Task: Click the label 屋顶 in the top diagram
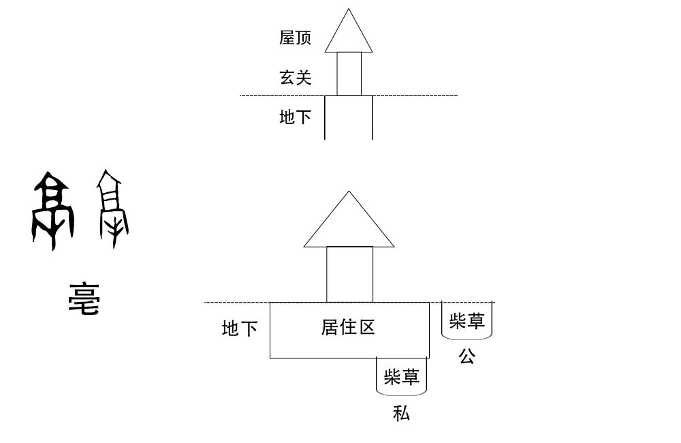click(295, 37)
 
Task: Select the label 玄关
click(295, 78)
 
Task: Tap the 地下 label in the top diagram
click(295, 117)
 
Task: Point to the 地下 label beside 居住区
click(240, 329)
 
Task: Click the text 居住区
click(348, 327)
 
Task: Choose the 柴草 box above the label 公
click(466, 320)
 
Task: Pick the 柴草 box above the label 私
click(401, 376)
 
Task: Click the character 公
click(466, 356)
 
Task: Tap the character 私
click(401, 413)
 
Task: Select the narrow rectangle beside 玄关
click(349, 74)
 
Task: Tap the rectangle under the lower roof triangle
click(349, 274)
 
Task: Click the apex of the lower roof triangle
click(349, 192)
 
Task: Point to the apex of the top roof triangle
click(349, 10)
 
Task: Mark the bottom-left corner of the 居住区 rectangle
click(270, 357)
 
